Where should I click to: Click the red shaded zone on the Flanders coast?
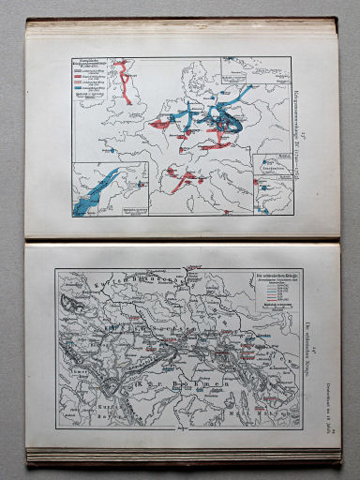click(x=160, y=123)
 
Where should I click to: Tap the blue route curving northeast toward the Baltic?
click(x=244, y=95)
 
